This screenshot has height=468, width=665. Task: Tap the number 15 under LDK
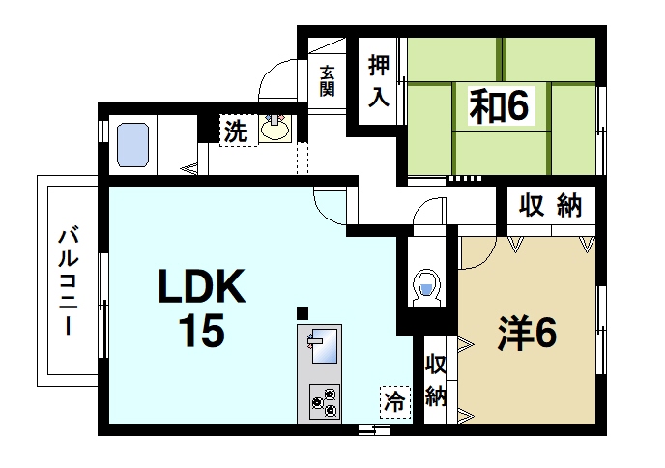[x=200, y=331]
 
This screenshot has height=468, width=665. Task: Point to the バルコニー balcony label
[x=68, y=280]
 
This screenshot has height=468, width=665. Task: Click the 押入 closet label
[x=378, y=78]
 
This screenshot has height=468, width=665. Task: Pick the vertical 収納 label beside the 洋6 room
[x=436, y=381]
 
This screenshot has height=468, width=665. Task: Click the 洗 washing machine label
[x=234, y=132]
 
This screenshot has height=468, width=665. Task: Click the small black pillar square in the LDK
[x=303, y=312]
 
